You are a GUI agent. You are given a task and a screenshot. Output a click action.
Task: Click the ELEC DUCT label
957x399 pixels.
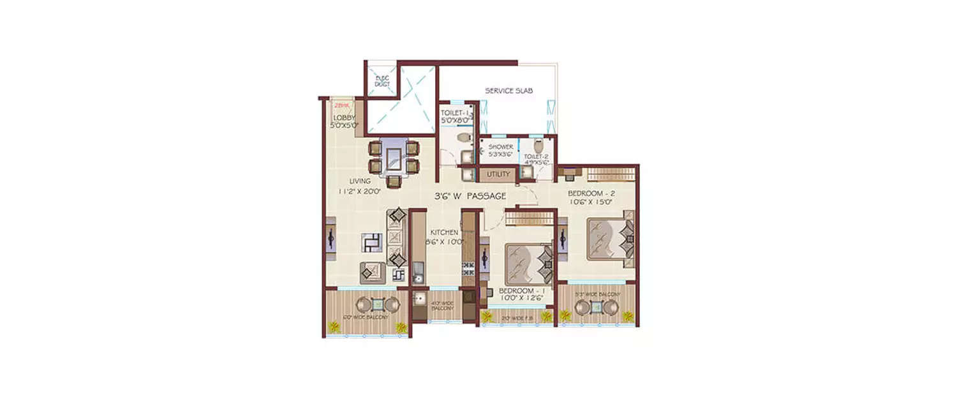click(382, 82)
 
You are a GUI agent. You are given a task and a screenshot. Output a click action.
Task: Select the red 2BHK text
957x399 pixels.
click(341, 106)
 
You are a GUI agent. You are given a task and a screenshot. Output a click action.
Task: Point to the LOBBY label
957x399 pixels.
click(343, 117)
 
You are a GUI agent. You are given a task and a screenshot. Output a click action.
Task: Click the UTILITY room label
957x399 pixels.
click(498, 174)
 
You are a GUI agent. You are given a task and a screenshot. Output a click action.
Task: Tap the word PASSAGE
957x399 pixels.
click(486, 195)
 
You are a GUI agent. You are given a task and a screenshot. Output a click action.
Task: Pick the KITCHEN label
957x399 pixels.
click(444, 232)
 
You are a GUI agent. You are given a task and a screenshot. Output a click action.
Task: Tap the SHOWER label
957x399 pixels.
click(501, 147)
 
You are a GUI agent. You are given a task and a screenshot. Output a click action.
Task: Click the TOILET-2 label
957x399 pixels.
click(536, 156)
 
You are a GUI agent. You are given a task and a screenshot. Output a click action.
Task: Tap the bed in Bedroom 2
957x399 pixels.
click(607, 239)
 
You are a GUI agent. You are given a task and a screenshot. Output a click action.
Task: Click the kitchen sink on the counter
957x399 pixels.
click(419, 276)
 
